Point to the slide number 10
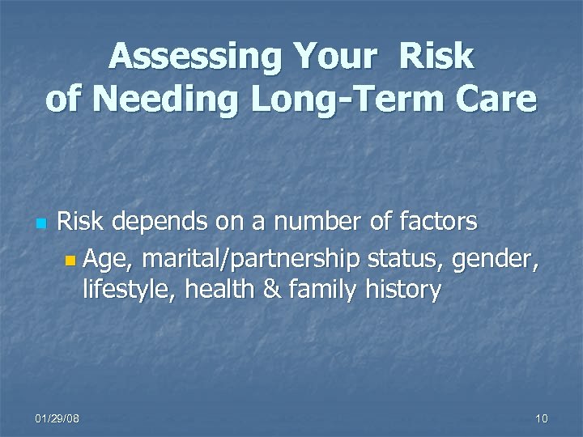541,418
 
